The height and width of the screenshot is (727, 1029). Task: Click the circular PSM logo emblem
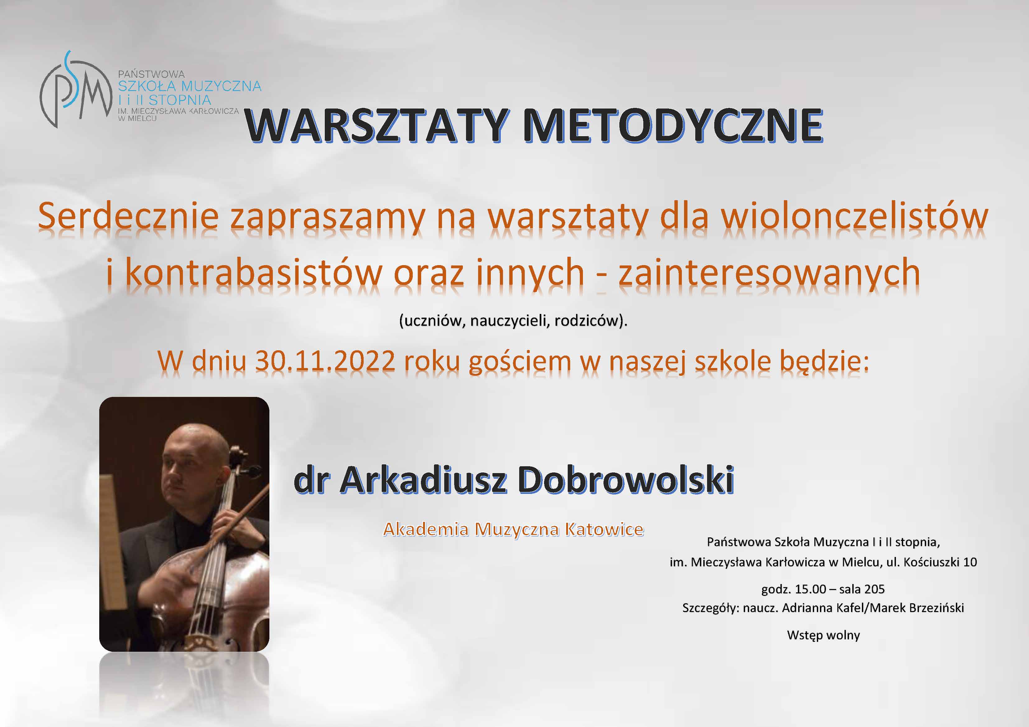(x=75, y=90)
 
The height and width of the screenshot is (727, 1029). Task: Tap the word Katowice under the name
(x=604, y=529)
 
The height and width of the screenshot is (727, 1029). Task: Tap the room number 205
(x=875, y=589)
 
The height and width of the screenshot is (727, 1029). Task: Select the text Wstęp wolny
(x=823, y=636)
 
